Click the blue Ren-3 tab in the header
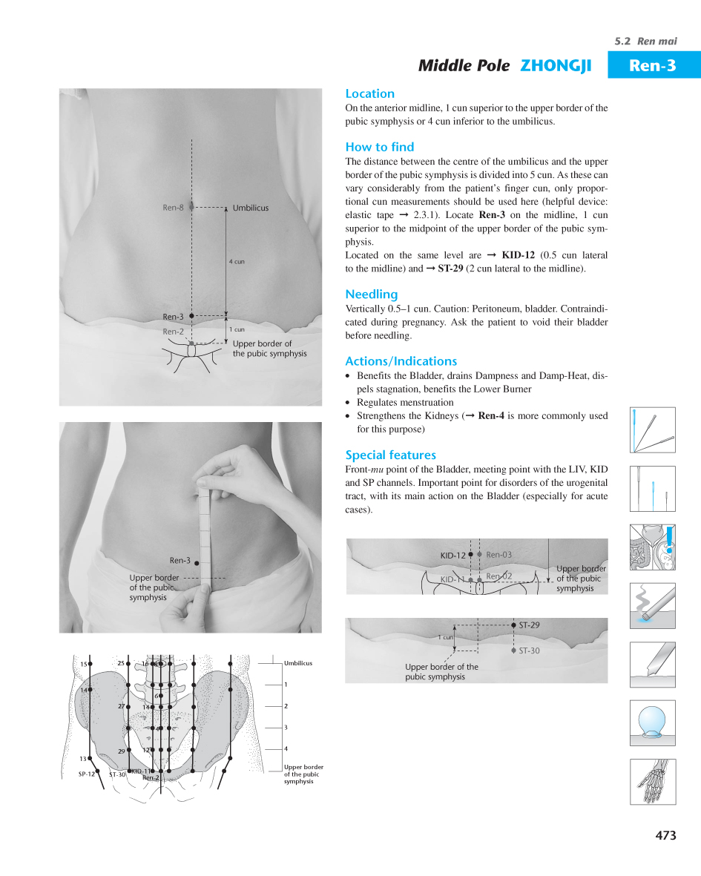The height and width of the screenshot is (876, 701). click(x=653, y=65)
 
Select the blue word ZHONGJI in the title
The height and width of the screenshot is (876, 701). click(x=556, y=65)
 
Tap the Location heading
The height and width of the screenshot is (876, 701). click(x=369, y=93)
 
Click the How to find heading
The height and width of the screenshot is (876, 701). click(x=379, y=147)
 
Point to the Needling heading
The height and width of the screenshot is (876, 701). click(x=371, y=294)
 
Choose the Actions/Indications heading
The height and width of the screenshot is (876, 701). click(x=401, y=361)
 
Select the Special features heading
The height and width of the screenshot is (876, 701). click(x=390, y=455)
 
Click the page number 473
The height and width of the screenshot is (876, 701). click(x=665, y=835)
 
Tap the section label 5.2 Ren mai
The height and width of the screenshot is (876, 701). click(x=645, y=41)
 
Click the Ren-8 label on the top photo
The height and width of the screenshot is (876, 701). click(x=173, y=208)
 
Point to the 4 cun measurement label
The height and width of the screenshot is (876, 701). click(x=236, y=262)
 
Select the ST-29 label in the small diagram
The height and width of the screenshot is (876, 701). click(x=529, y=625)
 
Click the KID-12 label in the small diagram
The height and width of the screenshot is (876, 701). click(x=452, y=555)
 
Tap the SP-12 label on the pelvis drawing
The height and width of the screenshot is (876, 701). click(x=87, y=774)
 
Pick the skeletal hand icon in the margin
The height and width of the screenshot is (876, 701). click(x=653, y=782)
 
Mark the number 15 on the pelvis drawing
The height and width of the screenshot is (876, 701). click(x=84, y=664)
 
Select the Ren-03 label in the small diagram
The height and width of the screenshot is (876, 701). click(x=498, y=554)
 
